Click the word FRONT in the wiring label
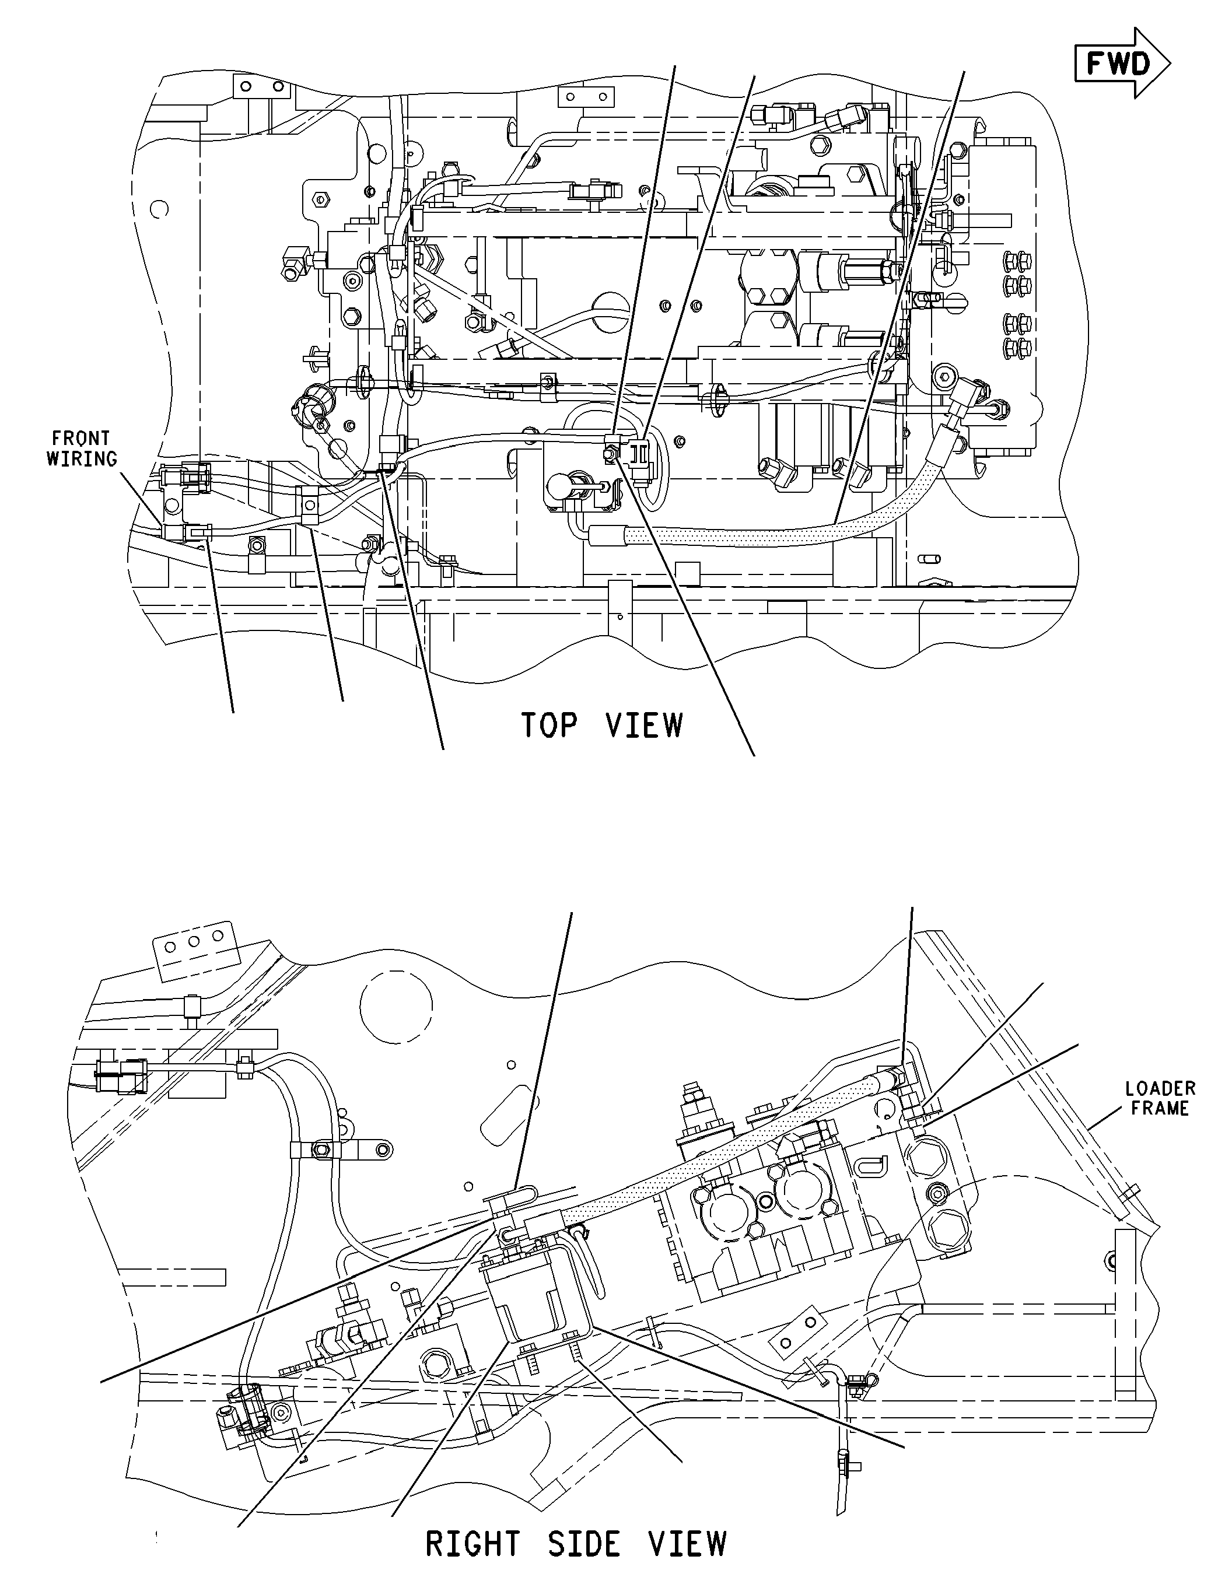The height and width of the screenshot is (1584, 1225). tap(81, 438)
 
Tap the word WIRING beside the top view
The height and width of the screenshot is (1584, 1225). tap(81, 459)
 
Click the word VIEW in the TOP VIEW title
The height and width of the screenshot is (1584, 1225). tap(643, 726)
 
